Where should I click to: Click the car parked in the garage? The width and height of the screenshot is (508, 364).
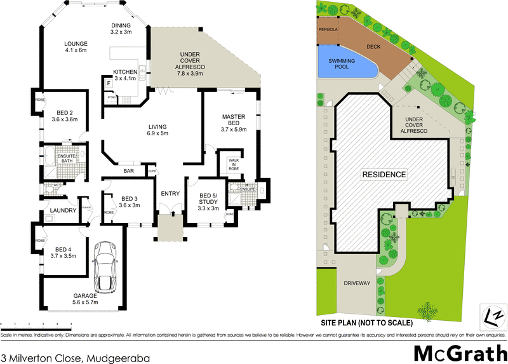click(104, 266)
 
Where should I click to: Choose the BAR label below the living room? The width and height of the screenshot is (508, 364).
click(129, 172)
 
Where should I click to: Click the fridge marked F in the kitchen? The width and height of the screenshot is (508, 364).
click(109, 83)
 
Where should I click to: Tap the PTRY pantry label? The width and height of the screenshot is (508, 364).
click(111, 97)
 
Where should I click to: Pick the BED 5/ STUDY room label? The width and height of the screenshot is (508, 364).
click(208, 201)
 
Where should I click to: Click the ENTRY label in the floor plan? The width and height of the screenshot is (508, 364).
click(170, 194)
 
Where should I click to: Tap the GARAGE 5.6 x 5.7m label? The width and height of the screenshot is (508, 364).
click(85, 299)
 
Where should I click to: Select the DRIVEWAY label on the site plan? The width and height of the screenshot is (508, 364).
click(356, 283)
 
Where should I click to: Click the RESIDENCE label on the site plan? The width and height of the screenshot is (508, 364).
click(384, 174)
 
